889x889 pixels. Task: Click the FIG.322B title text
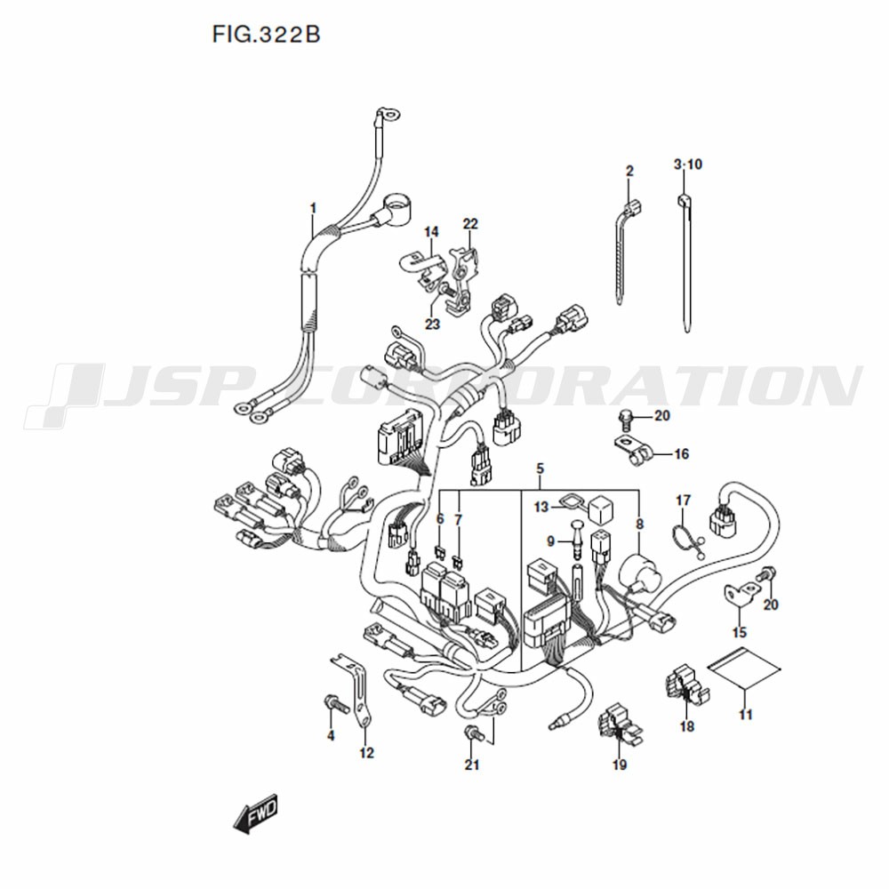tap(266, 35)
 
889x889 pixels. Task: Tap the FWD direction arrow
tap(256, 813)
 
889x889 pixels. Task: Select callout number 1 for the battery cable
tap(313, 209)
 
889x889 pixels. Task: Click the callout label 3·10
tap(688, 164)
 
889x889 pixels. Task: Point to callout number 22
tap(470, 224)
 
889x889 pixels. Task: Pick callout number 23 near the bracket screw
tap(432, 324)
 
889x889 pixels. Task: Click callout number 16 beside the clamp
tap(681, 453)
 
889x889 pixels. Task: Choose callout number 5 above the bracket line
tap(540, 469)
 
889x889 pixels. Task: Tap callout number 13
tap(541, 507)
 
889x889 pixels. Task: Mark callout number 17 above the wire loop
tap(683, 501)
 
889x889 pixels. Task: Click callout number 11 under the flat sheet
tap(746, 715)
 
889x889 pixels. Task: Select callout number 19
tap(620, 765)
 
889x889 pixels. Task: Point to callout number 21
tap(472, 765)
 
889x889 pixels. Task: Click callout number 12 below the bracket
tap(367, 753)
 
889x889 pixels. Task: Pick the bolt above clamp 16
tap(624, 417)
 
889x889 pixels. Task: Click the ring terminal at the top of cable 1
tap(390, 115)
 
